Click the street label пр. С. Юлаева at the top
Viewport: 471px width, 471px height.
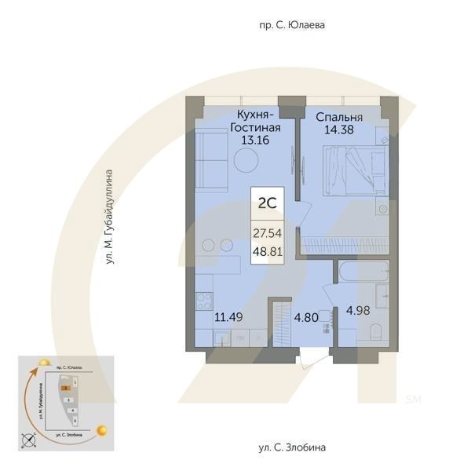(x=291, y=25)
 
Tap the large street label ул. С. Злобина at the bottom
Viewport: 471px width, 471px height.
(x=290, y=447)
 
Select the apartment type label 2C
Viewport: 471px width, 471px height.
(x=266, y=202)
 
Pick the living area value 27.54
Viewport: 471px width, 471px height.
(x=266, y=233)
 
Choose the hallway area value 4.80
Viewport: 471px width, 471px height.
(x=307, y=318)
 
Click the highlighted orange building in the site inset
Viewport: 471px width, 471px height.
(x=68, y=387)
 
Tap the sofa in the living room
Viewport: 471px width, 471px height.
(x=209, y=157)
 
